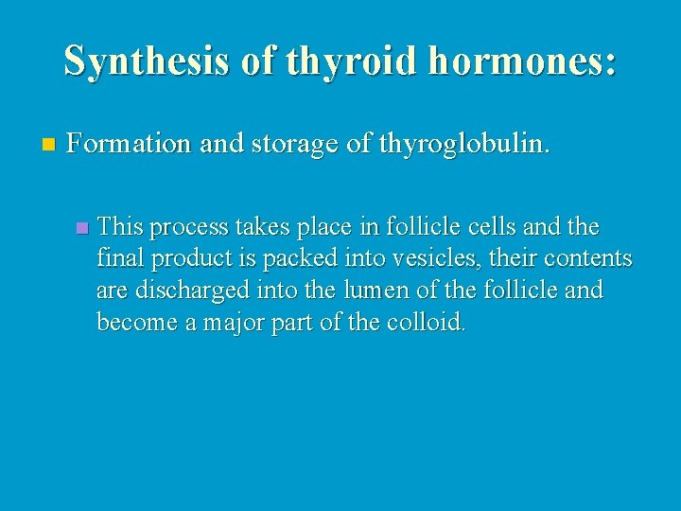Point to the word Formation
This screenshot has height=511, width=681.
[x=127, y=145]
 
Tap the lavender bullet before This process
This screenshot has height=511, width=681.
[x=82, y=228]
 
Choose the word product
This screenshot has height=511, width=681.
[x=195, y=259]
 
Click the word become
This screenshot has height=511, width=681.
[x=138, y=322]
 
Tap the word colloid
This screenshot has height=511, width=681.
[x=427, y=322]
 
